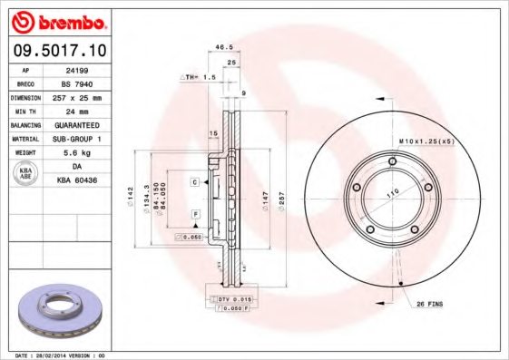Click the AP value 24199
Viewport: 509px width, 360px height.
click(x=88, y=69)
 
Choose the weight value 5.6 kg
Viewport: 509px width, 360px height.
click(x=88, y=152)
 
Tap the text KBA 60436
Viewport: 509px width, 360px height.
click(x=88, y=181)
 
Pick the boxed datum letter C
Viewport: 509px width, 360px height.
click(x=194, y=182)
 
